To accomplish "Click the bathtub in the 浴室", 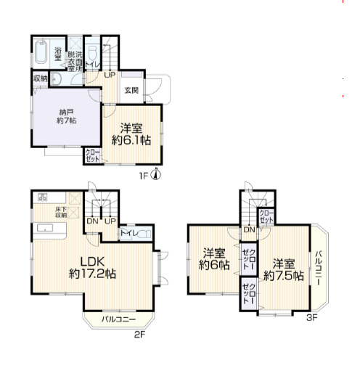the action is click(41, 52).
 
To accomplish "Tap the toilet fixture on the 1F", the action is click(92, 53).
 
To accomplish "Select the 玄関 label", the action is click(131, 91).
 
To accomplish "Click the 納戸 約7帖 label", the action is click(67, 116).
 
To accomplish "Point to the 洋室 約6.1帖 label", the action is click(131, 134).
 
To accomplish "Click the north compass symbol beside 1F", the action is click(156, 174).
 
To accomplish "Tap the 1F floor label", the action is click(144, 176).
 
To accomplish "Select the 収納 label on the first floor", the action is click(40, 78).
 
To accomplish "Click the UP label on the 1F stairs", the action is click(110, 75).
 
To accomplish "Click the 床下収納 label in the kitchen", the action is click(61, 212).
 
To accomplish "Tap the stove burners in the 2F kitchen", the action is click(43, 197).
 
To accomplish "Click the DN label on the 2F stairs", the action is click(92, 221).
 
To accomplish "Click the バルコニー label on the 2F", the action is click(118, 319).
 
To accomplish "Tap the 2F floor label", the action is click(139, 335).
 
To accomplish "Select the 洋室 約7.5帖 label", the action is click(284, 270).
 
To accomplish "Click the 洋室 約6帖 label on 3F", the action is click(214, 259).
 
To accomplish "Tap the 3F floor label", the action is click(312, 317).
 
